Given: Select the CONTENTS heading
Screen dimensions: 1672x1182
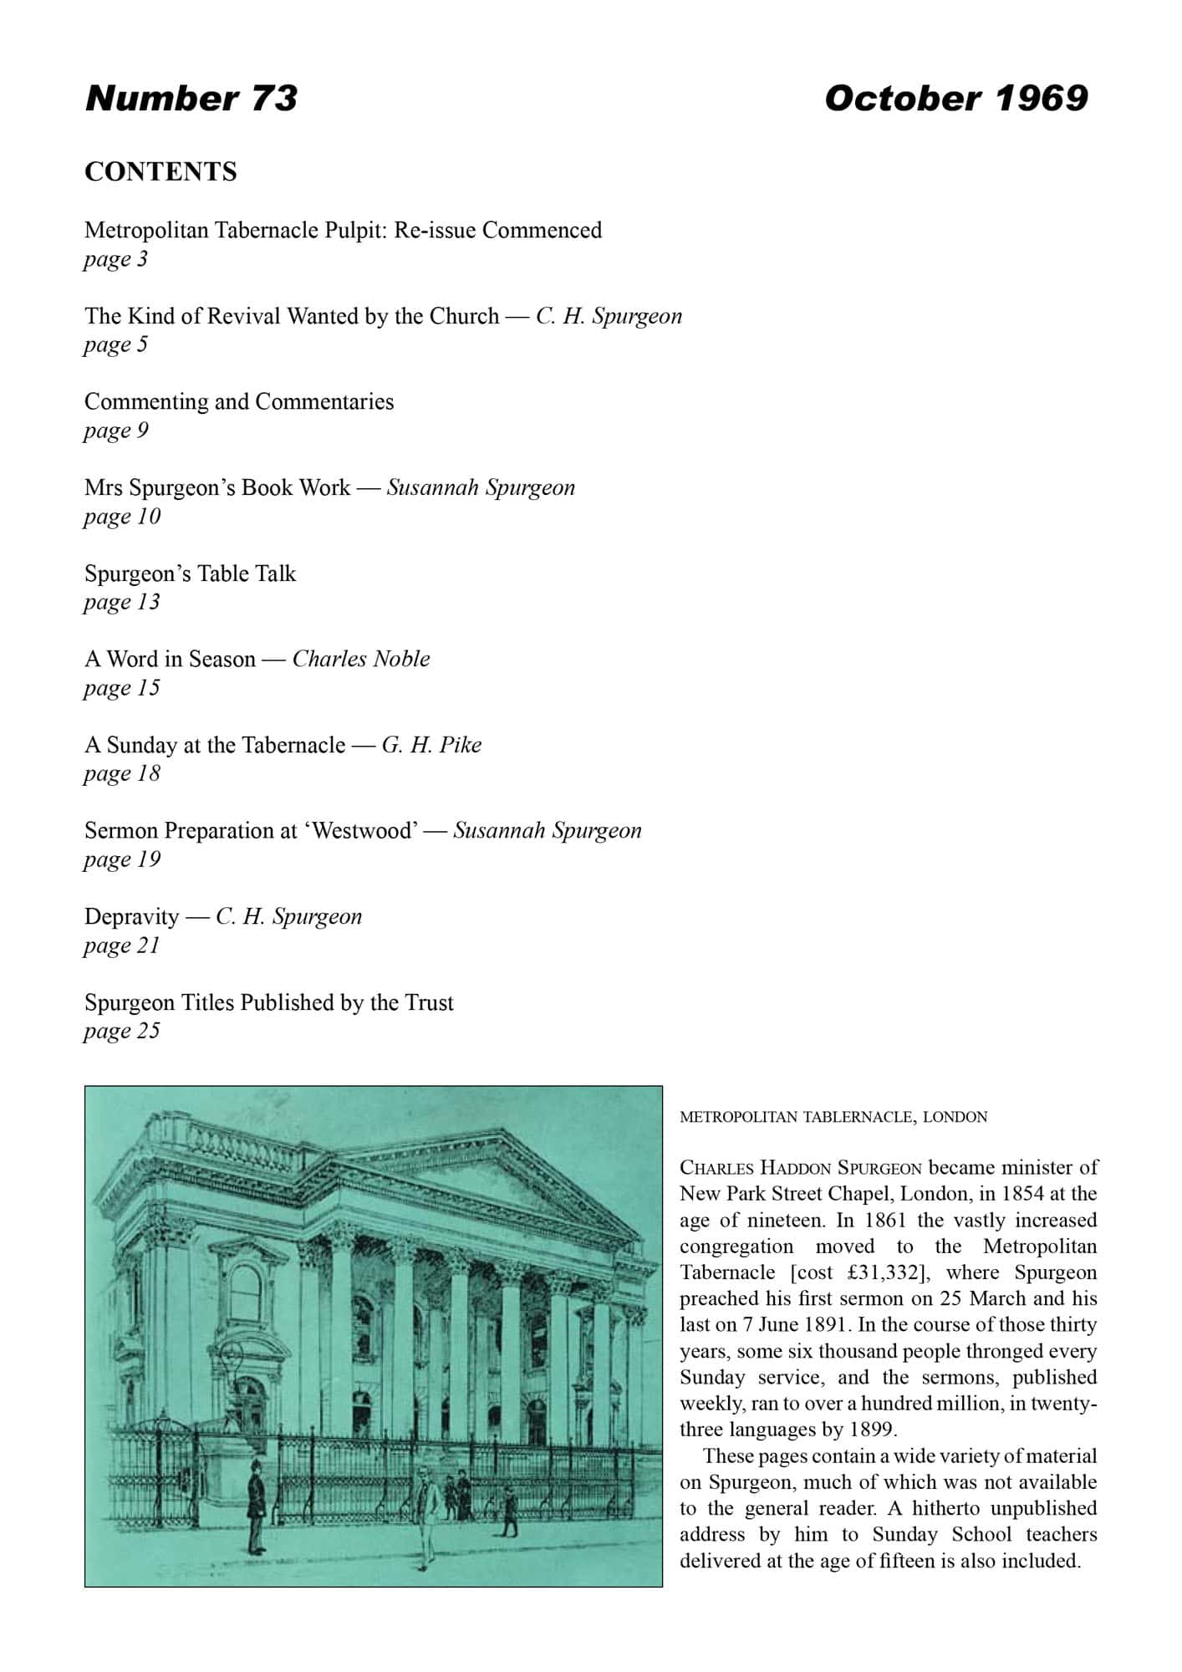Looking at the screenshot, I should [x=160, y=171].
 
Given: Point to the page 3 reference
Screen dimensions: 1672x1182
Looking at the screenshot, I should [x=115, y=259].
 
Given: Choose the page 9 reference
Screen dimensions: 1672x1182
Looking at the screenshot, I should [x=115, y=431].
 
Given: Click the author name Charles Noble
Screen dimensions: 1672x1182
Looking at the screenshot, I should [x=361, y=659].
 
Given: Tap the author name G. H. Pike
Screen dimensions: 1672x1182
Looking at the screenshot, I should [x=431, y=745].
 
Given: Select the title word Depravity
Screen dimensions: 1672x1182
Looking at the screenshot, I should [x=131, y=917].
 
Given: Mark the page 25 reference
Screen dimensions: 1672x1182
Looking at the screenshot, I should [x=121, y=1031].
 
